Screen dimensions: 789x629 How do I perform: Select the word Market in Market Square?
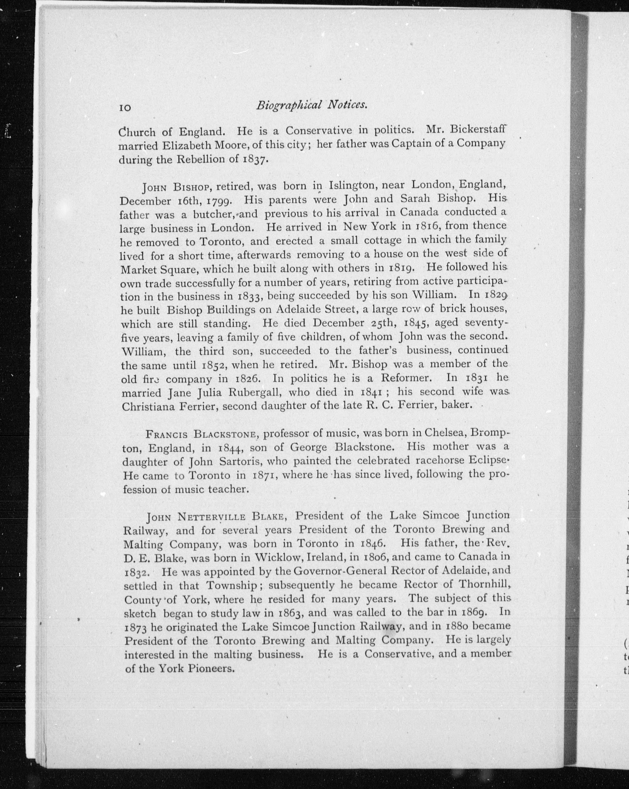[138, 269]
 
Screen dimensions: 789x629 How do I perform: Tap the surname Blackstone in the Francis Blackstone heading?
[224, 435]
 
